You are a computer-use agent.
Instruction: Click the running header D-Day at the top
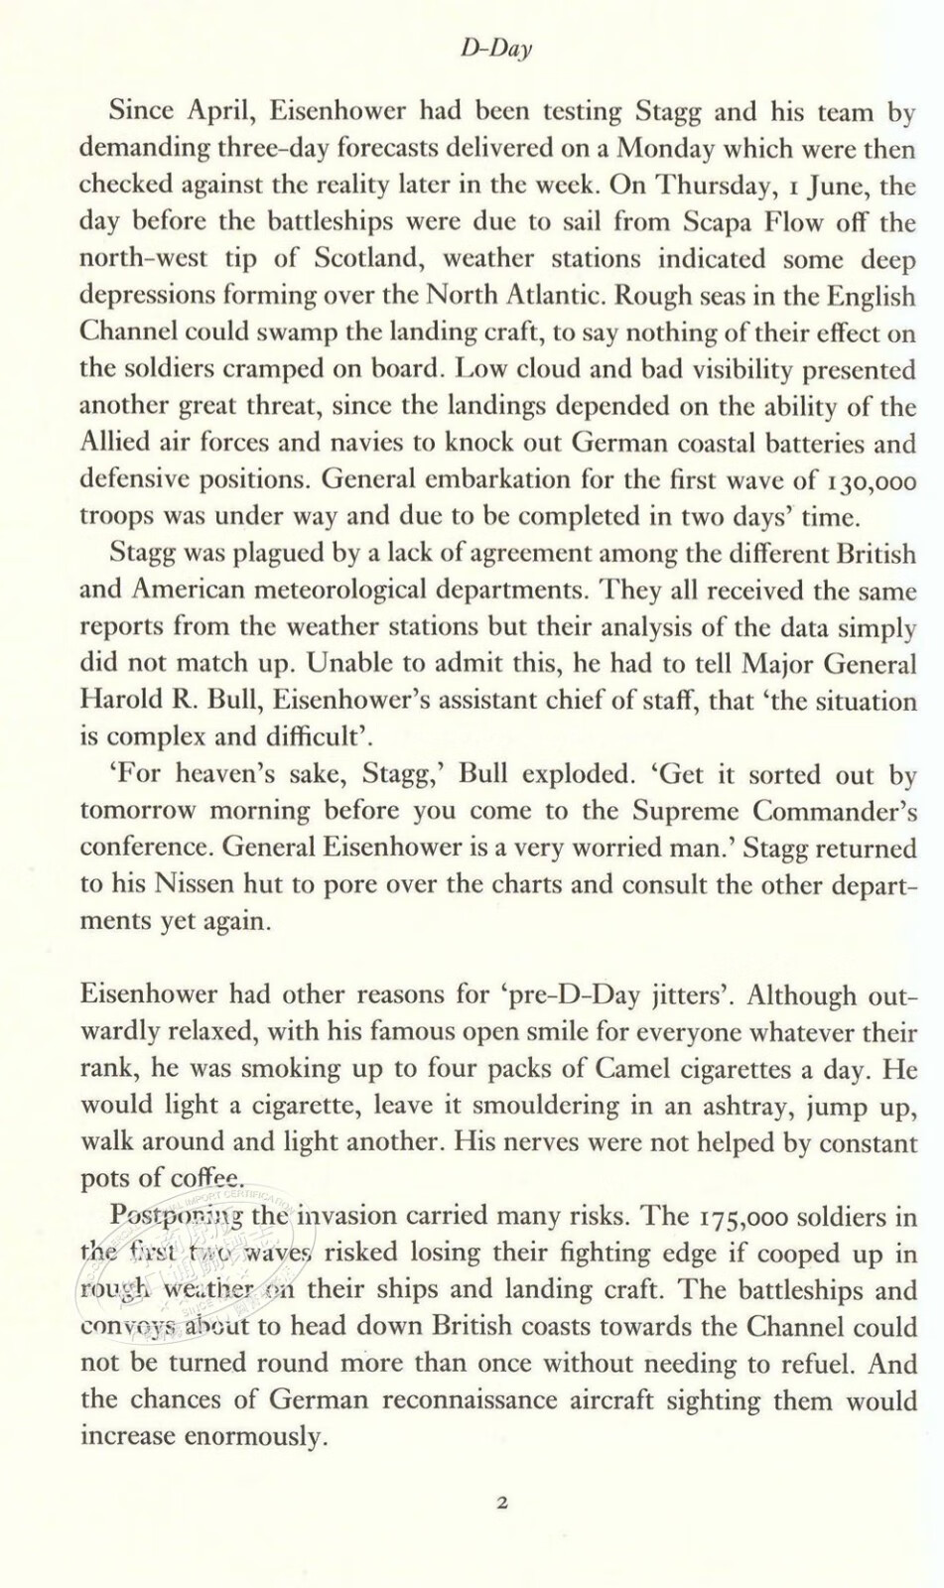click(x=496, y=50)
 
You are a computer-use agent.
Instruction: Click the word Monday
click(x=663, y=149)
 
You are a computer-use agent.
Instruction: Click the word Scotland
click(x=373, y=259)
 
